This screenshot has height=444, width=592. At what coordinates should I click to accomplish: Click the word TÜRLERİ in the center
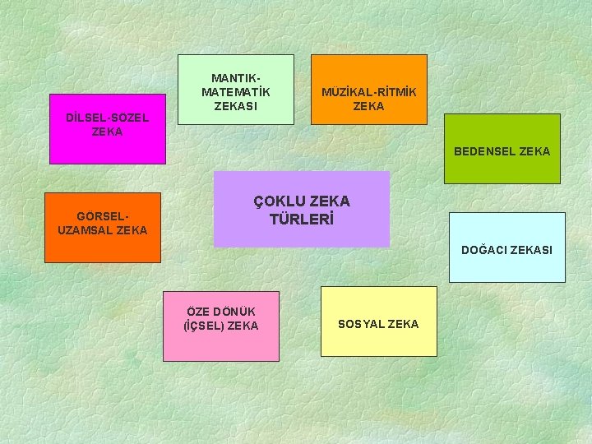(302, 220)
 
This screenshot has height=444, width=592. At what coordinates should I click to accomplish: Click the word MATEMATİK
(236, 91)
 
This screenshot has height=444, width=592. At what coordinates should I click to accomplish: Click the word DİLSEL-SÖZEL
(107, 118)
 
